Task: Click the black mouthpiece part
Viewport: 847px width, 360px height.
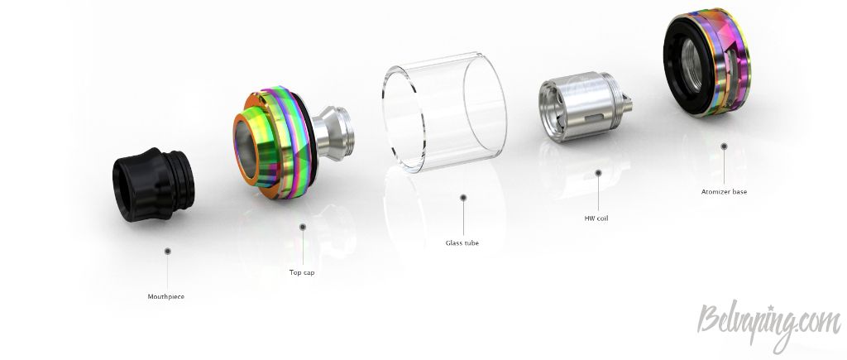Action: pyautogui.click(x=153, y=185)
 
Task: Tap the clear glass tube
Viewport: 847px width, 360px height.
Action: pyautogui.click(x=444, y=113)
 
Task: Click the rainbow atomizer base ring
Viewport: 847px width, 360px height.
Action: pyautogui.click(x=706, y=62)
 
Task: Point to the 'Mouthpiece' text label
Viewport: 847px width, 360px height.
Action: pyautogui.click(x=165, y=297)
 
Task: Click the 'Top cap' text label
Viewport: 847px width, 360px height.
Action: pyautogui.click(x=302, y=272)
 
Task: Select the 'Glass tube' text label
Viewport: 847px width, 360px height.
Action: pyautogui.click(x=462, y=242)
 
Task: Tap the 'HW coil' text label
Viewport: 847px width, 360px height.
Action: pyautogui.click(x=596, y=218)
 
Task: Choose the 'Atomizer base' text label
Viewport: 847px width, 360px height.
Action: pyautogui.click(x=724, y=191)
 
